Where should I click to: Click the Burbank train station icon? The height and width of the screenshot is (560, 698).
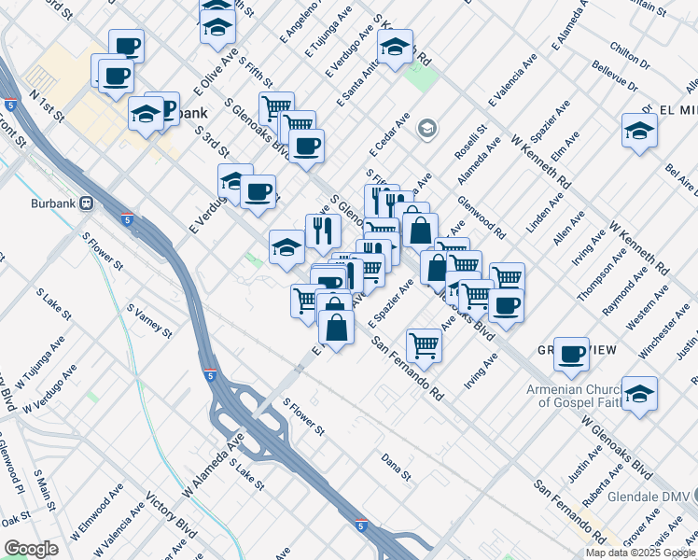pyautogui.click(x=86, y=202)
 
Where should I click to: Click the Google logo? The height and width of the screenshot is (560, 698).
pyautogui.click(x=32, y=549)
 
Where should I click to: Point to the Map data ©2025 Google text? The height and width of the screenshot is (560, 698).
pyautogui.click(x=640, y=553)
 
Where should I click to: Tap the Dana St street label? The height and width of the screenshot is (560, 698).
pyautogui.click(x=396, y=467)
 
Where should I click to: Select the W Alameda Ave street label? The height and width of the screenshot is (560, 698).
pyautogui.click(x=217, y=463)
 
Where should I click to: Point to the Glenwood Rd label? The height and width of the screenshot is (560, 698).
pyautogui.click(x=482, y=217)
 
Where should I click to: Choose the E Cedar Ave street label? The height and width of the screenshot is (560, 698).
pyautogui.click(x=389, y=136)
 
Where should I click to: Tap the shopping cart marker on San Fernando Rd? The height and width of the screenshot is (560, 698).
pyautogui.click(x=425, y=345)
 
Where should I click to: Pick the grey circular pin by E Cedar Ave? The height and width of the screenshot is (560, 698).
pyautogui.click(x=427, y=128)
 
